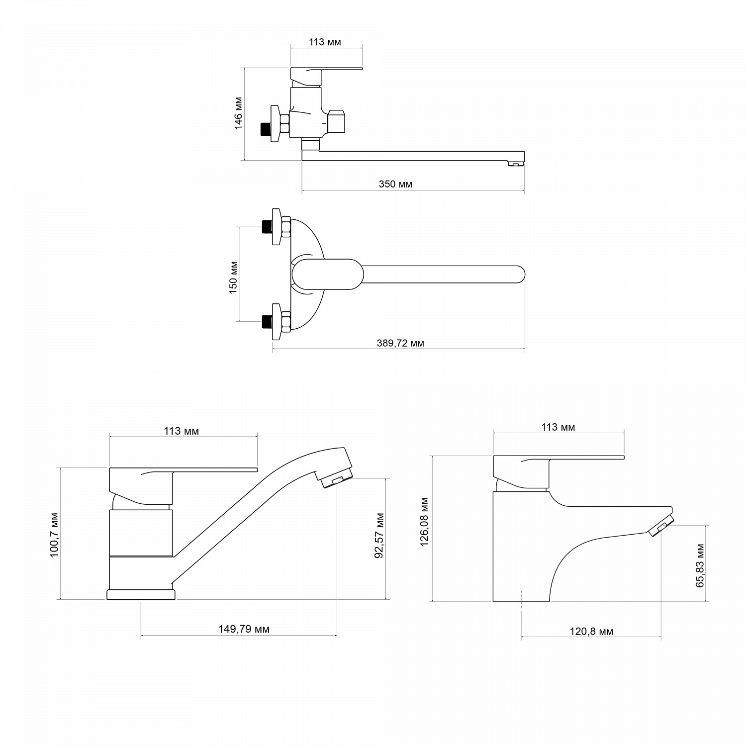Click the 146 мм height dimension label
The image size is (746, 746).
coord(239,114)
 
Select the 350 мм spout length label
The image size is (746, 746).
coord(395,184)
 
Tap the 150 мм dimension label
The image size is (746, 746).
coord(233,277)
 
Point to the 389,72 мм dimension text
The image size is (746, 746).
coord(400,343)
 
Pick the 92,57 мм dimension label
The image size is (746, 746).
coord(379,535)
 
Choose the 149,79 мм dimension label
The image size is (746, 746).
coord(244,629)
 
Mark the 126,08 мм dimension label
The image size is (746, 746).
coord(424,522)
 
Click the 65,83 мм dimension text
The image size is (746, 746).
coord(700,565)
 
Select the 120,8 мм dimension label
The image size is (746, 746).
coord(591,632)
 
